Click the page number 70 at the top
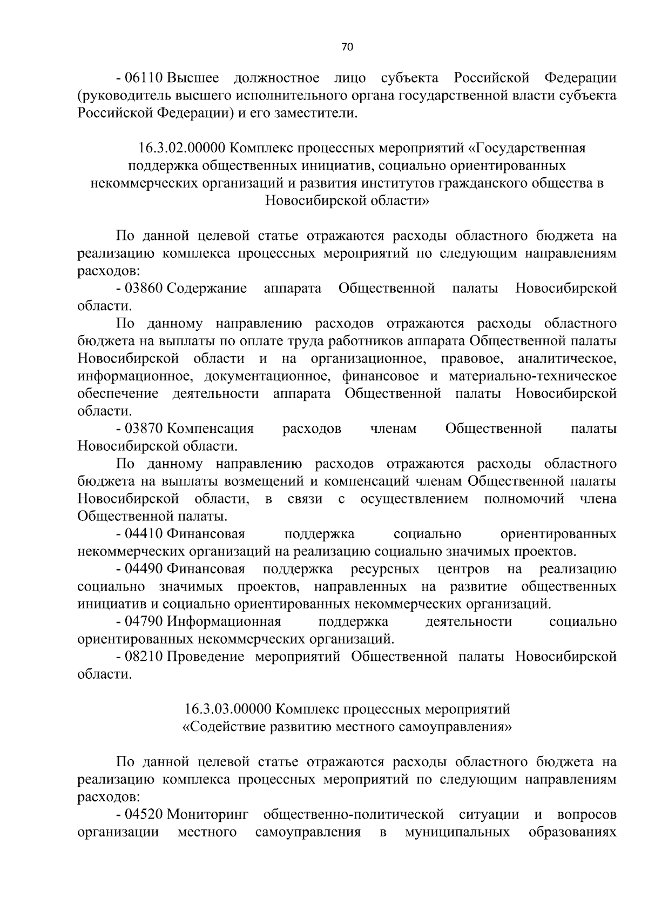(347, 47)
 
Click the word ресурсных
(384, 569)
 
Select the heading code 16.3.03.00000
(228, 708)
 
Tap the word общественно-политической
(354, 814)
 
